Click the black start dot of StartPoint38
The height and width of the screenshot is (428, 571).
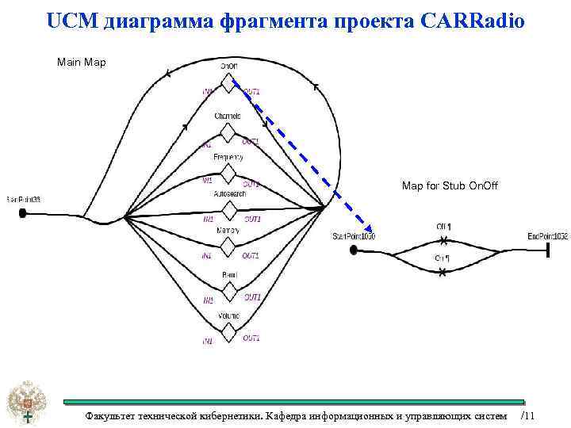[x=23, y=212]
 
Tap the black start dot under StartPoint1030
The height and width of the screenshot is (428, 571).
[x=352, y=250]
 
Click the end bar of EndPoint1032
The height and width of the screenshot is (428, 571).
[x=547, y=250]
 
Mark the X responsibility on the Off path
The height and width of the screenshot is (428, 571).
[x=443, y=240]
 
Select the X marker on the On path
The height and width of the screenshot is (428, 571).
[x=443, y=272]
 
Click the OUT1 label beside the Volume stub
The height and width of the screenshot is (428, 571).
[x=251, y=338]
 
